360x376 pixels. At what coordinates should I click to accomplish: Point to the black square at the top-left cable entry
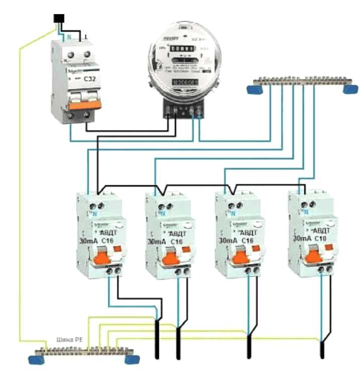tap(59, 19)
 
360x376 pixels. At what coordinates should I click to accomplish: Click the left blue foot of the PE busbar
tap(37, 359)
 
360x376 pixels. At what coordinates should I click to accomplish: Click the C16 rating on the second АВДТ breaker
tap(176, 242)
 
